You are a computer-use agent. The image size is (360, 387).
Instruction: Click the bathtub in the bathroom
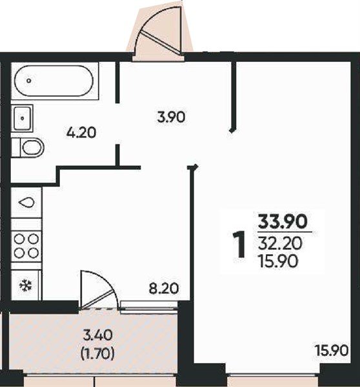click(x=54, y=81)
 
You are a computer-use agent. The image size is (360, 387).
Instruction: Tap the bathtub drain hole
click(x=29, y=81)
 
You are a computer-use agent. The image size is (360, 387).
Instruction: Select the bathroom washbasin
click(x=22, y=118)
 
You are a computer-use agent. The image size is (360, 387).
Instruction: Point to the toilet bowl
click(x=32, y=148)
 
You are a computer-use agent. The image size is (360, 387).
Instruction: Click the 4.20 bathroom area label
click(x=81, y=133)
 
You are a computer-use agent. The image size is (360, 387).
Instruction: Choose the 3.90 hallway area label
click(x=171, y=117)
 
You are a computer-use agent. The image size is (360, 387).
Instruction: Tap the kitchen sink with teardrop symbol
click(x=26, y=203)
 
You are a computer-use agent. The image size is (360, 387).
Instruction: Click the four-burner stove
click(x=26, y=246)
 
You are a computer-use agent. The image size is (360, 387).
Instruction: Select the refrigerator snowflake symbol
click(x=26, y=286)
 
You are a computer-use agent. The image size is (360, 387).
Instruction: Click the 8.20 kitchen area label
click(x=164, y=288)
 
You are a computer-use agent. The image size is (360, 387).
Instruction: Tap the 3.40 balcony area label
click(x=98, y=335)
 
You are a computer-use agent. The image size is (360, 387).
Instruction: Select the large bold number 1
click(x=239, y=244)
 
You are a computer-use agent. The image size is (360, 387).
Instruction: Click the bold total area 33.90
click(x=283, y=221)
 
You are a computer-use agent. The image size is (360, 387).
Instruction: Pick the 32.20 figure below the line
click(x=280, y=244)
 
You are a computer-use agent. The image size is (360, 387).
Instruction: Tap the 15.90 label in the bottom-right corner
click(x=332, y=350)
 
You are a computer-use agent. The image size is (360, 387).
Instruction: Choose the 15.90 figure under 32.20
click(x=278, y=261)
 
